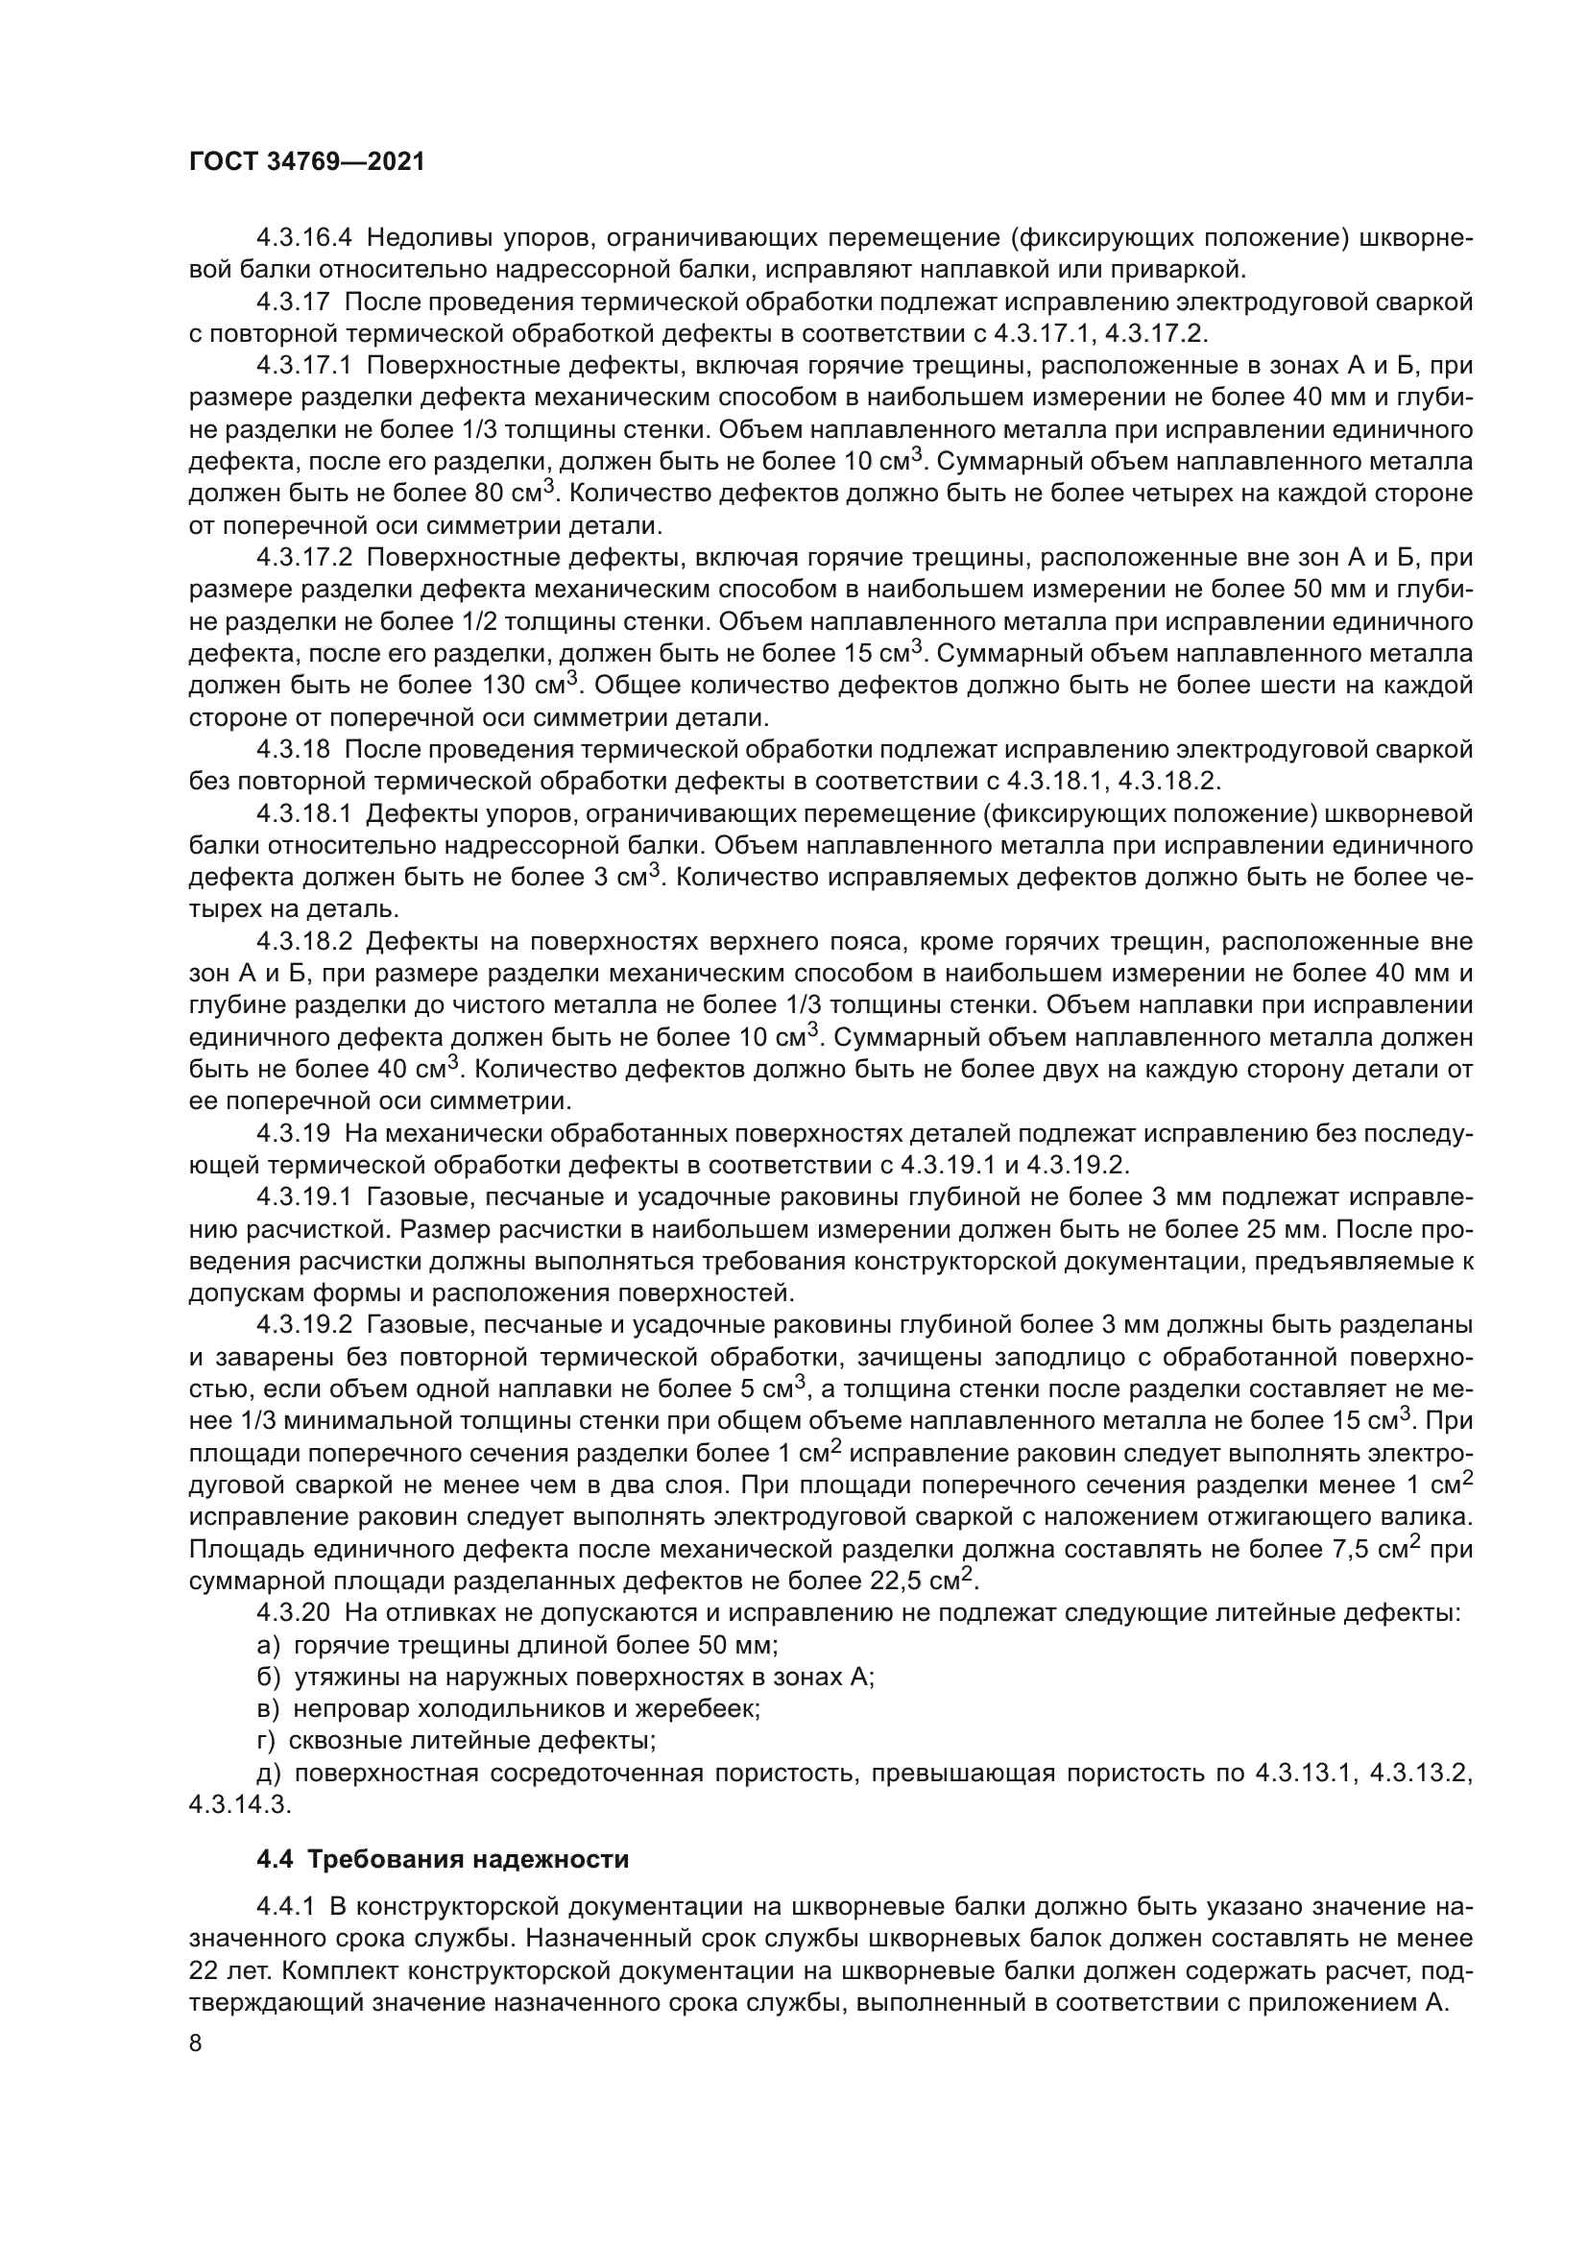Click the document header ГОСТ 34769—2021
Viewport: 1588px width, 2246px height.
(x=307, y=162)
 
